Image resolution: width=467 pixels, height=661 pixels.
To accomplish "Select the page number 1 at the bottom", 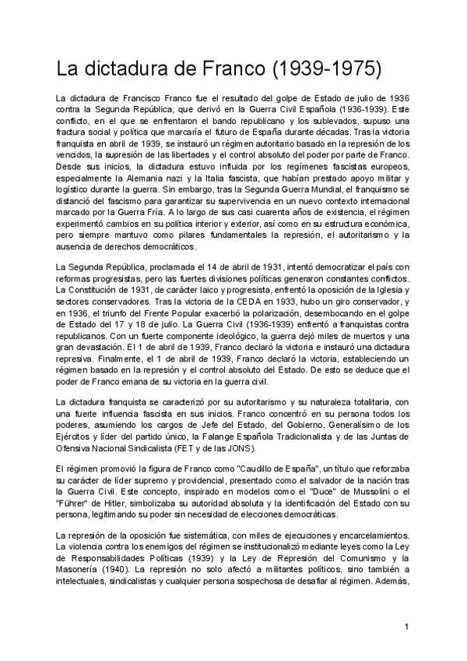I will click(x=407, y=627).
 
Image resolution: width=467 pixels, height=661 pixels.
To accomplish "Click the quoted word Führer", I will click(x=75, y=505).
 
